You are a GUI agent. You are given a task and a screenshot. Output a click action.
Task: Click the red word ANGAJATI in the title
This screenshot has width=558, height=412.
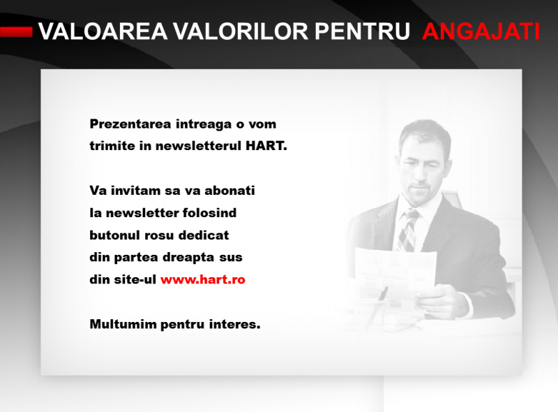pyautogui.click(x=481, y=31)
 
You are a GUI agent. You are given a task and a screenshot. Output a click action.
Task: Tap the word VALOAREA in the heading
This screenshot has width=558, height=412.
pyautogui.click(x=103, y=31)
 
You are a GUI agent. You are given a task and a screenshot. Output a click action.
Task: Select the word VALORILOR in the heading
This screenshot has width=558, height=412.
pyautogui.click(x=241, y=31)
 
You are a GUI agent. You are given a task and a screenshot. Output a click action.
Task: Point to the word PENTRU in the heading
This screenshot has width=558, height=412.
pyautogui.click(x=362, y=31)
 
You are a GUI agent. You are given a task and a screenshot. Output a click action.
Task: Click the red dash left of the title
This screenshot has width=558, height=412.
pyautogui.click(x=16, y=31)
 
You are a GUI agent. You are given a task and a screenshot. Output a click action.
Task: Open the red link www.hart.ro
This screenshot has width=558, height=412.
pyautogui.click(x=203, y=279)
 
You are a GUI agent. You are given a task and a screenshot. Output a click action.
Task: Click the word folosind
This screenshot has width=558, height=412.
pyautogui.click(x=209, y=213)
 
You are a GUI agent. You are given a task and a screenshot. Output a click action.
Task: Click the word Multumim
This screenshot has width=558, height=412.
pyautogui.click(x=123, y=324)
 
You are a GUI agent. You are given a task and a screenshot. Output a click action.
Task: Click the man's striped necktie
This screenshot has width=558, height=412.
pyautogui.click(x=407, y=231)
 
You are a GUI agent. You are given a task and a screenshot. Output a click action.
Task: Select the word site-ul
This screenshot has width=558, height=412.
pyautogui.click(x=135, y=279)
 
